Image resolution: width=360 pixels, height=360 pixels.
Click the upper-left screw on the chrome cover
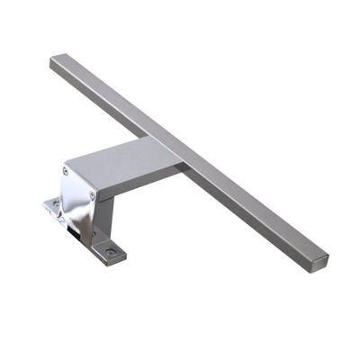tap(65, 171)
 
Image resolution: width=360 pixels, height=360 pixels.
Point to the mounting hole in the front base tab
tap(110, 253)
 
